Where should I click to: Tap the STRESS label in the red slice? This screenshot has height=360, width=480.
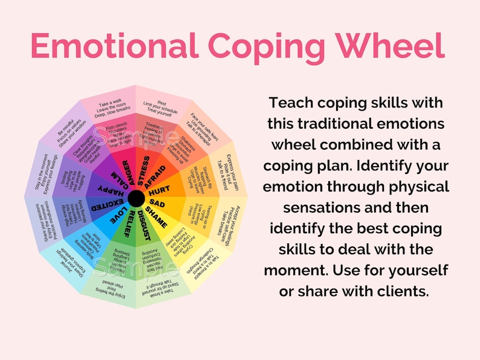[144, 171]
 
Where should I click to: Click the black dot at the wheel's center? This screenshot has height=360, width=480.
[136, 197]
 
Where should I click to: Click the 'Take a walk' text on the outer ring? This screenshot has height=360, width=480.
[111, 102]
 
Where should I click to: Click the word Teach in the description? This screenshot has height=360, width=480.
[290, 102]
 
